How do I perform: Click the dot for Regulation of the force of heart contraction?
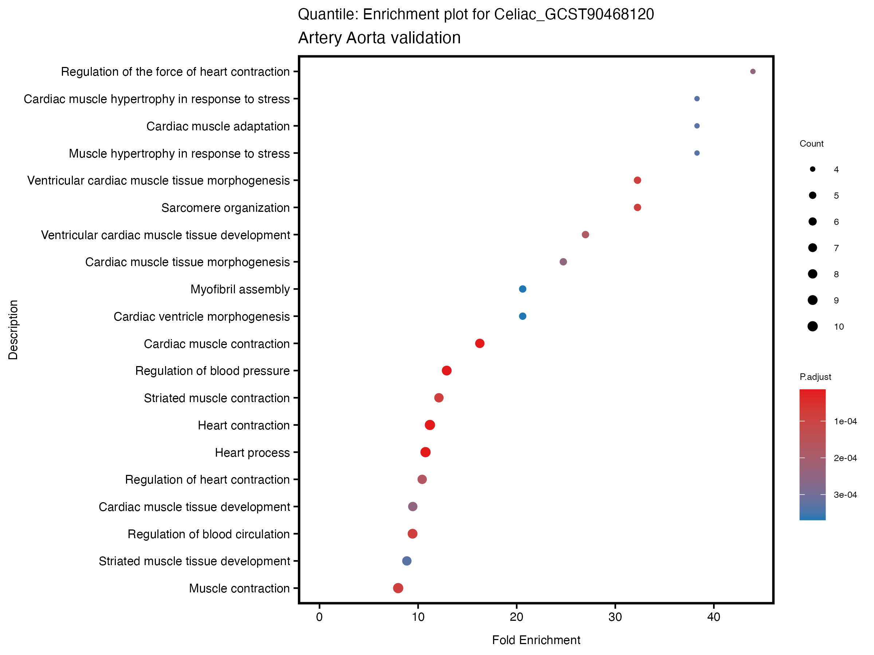tap(753, 71)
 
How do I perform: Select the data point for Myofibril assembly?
tap(522, 289)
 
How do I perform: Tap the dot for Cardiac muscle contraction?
tap(480, 344)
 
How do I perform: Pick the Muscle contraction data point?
tap(398, 588)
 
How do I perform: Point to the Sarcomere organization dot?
tap(637, 207)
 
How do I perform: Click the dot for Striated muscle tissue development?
tap(406, 561)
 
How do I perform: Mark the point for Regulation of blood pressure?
tap(446, 371)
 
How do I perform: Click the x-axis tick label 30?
tap(615, 617)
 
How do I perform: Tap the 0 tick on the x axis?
tap(319, 617)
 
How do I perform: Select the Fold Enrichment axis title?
tap(536, 640)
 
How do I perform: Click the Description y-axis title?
tap(13, 330)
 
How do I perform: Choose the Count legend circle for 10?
tap(812, 326)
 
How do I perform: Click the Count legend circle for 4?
tap(812, 169)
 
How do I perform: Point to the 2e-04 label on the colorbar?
tap(845, 458)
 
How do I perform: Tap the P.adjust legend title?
tap(815, 377)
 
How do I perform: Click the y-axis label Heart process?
tap(252, 452)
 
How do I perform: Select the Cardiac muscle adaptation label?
tap(218, 126)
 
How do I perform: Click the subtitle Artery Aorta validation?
tap(379, 38)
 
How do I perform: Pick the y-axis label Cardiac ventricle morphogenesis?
tap(201, 317)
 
